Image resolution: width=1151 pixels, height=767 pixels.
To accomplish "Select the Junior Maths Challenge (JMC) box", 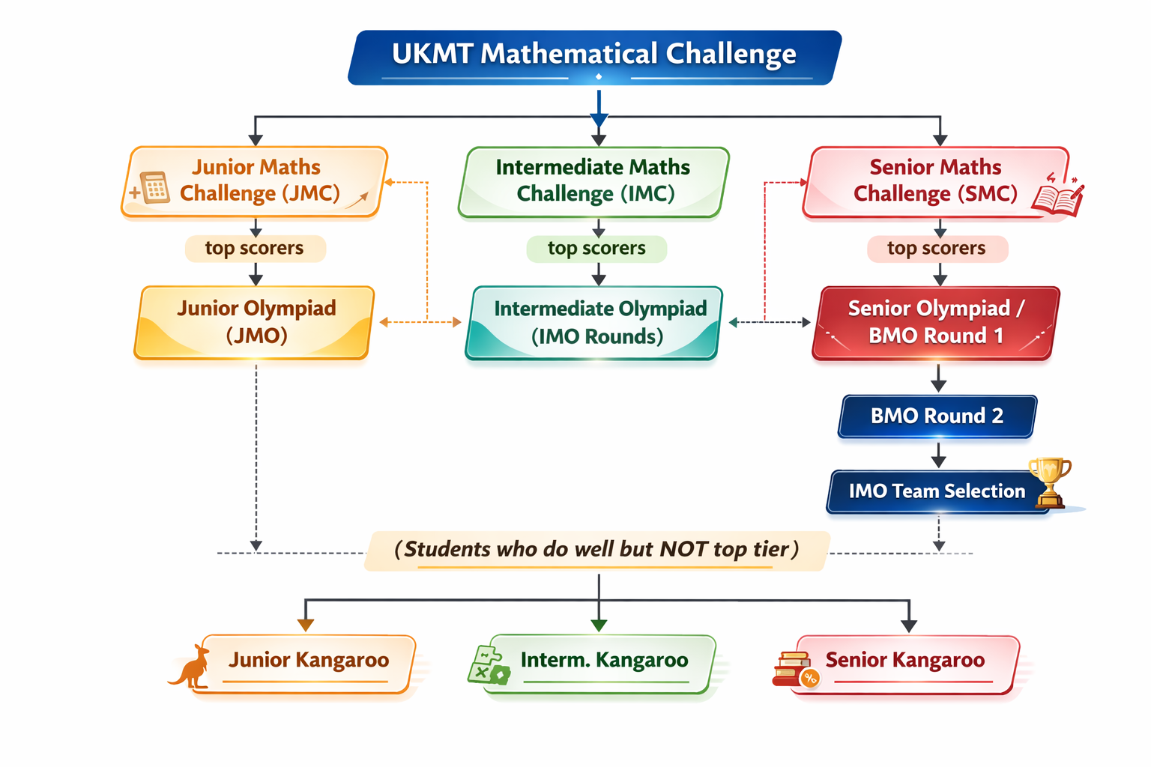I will click(x=255, y=181).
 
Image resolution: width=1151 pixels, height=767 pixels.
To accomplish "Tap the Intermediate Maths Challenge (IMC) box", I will click(x=593, y=181).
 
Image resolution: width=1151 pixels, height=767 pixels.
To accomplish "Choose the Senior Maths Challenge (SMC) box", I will click(x=935, y=181).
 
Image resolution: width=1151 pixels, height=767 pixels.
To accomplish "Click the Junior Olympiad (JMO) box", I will click(x=255, y=322).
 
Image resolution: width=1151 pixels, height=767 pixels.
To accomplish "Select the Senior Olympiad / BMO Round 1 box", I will click(x=935, y=322).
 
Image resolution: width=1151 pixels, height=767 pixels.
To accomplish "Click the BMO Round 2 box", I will click(x=937, y=416).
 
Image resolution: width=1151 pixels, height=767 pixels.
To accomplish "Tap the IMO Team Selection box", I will click(x=937, y=491).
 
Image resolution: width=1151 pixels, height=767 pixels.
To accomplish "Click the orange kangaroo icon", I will click(x=191, y=667).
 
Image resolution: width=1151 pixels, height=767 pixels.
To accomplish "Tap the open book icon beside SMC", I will click(x=1057, y=196).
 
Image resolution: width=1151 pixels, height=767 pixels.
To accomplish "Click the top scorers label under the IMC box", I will click(x=596, y=249).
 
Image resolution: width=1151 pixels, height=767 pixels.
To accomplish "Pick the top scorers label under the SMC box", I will click(x=937, y=249).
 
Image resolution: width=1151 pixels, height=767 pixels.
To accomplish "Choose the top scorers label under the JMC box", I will click(x=255, y=249).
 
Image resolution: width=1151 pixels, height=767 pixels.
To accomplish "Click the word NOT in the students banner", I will click(x=683, y=550).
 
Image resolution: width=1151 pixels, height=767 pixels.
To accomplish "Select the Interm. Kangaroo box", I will click(x=599, y=662).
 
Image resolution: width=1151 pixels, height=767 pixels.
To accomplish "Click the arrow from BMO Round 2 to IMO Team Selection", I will click(x=938, y=454).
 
